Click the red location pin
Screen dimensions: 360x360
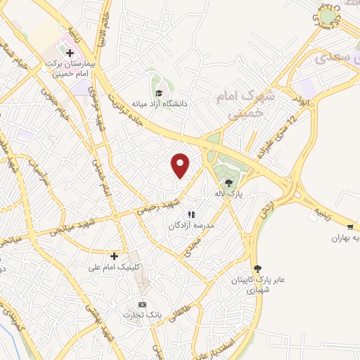coord(181,165)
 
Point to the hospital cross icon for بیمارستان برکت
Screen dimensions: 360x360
coord(69,52)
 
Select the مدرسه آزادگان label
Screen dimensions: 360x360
coord(188,226)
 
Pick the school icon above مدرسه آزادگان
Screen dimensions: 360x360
coord(190,215)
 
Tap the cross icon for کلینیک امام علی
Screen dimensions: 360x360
coord(115,256)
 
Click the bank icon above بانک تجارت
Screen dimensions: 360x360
coord(143,304)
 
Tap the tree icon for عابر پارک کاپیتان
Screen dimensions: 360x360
coord(259,268)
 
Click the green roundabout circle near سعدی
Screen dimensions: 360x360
coord(327,15)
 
